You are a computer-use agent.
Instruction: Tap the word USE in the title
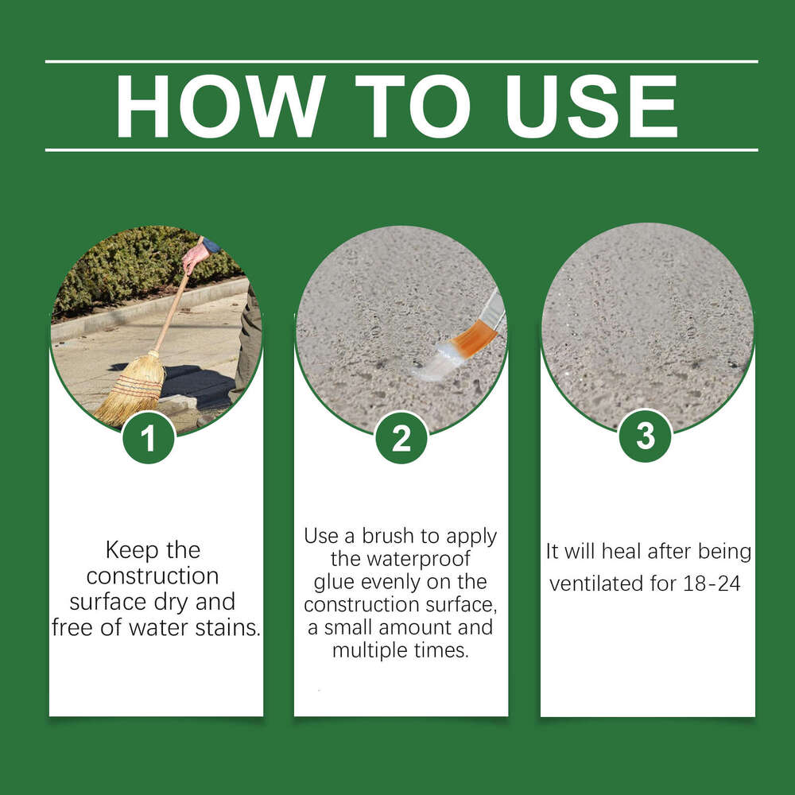tap(591, 106)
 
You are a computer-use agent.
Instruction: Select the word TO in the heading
tap(413, 106)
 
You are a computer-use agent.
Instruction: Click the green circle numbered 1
tap(148, 438)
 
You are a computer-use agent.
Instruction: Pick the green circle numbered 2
tap(401, 437)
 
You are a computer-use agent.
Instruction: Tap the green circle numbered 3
tap(645, 436)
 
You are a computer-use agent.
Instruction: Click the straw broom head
tap(131, 389)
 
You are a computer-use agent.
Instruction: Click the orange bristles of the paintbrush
tap(473, 338)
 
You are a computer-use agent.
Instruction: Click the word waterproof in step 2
tap(400, 559)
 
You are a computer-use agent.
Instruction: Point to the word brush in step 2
tap(388, 535)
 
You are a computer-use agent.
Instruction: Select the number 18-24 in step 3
tap(712, 584)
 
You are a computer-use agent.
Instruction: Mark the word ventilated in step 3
tap(595, 584)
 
